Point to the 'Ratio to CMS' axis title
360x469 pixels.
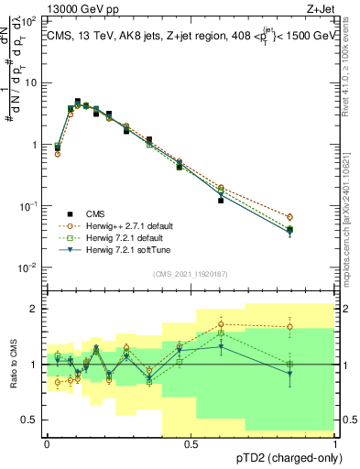click(x=12, y=364)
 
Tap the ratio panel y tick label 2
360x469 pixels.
click(x=35, y=309)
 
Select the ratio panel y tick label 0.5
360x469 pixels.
click(x=31, y=420)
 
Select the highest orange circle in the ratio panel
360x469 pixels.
click(x=221, y=323)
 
